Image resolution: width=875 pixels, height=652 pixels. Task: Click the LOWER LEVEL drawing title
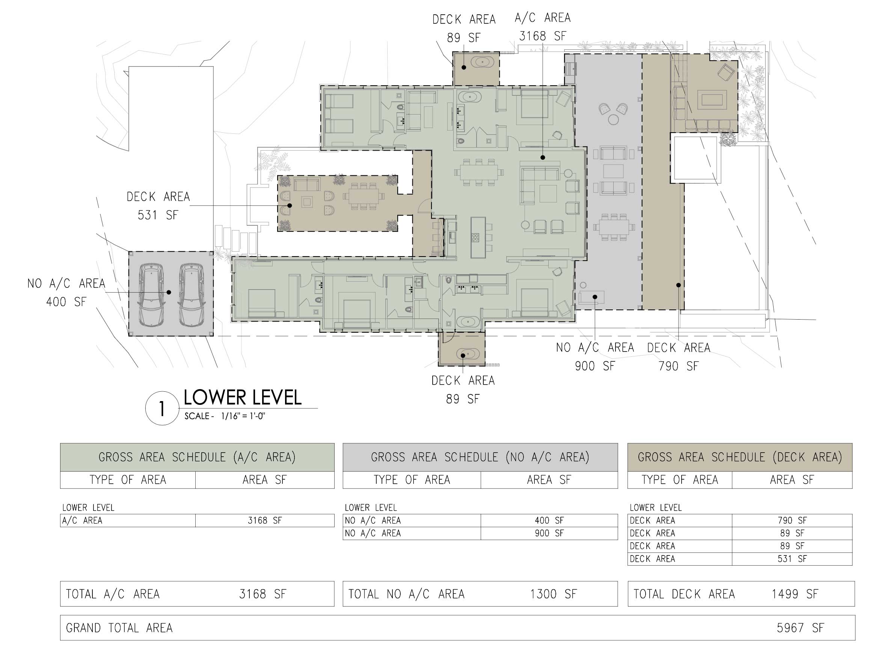(x=242, y=397)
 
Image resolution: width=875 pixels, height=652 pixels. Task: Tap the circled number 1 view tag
(x=162, y=409)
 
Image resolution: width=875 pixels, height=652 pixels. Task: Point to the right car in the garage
(x=191, y=295)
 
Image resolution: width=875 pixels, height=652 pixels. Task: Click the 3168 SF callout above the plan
(x=542, y=36)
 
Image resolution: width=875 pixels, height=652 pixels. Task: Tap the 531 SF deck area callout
(x=158, y=215)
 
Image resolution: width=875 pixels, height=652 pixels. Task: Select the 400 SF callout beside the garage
(x=66, y=302)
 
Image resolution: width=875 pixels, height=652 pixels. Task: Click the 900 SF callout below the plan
(x=595, y=366)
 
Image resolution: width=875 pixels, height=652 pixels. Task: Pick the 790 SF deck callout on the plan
(x=679, y=366)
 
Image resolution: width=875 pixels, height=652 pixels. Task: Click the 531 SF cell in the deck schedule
(x=792, y=559)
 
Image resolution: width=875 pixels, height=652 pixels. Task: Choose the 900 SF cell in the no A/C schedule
(x=549, y=533)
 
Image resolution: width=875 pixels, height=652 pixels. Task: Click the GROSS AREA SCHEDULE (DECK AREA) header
(x=740, y=457)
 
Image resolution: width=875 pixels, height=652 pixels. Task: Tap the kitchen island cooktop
(x=475, y=237)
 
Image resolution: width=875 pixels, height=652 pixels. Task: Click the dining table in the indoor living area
(x=479, y=172)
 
